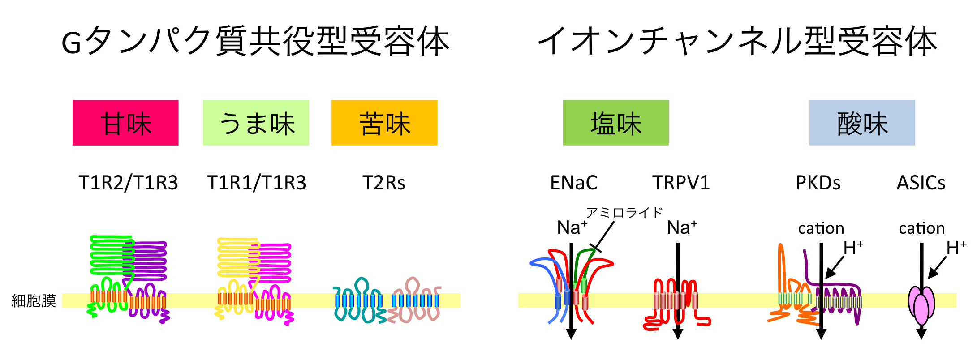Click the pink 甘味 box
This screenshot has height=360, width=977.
pos(125,123)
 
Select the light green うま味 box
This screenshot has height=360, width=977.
pos(256,123)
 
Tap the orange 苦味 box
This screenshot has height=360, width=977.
pos(384,123)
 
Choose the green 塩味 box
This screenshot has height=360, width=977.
pos(615,123)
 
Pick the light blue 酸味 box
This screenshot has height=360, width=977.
pos(862,123)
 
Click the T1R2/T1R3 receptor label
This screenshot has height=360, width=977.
pos(128,183)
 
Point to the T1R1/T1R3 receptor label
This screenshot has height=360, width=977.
pos(256,183)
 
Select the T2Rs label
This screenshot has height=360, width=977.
pos(384,183)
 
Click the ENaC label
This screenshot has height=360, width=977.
pos(573,183)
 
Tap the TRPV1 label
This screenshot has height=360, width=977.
pos(681,183)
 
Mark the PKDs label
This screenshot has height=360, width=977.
pos(818,183)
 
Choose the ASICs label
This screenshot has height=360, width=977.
pos(921,183)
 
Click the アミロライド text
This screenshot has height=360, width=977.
pos(624,212)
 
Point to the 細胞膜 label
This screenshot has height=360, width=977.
pos(34,300)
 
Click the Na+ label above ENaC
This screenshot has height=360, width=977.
pos(572,227)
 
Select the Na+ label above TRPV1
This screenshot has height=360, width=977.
pos(681,227)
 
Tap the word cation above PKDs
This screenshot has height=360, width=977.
pos(821,228)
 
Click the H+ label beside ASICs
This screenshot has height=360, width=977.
pos(956,248)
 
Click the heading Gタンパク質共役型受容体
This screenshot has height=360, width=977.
pos(255,41)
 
